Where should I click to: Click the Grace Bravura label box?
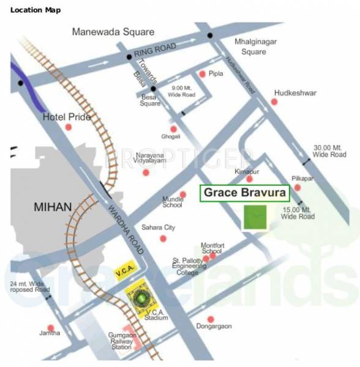[x=244, y=194]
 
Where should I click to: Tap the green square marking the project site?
[x=255, y=218]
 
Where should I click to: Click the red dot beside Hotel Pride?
[x=69, y=127]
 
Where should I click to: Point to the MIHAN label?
[x=53, y=207]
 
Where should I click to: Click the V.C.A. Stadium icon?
[x=141, y=298]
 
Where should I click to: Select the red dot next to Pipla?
[x=202, y=74]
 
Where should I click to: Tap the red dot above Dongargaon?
[x=210, y=319]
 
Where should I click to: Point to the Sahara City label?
[x=159, y=228]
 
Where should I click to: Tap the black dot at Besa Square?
[x=154, y=89]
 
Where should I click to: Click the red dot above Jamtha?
[x=51, y=328]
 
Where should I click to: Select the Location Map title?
[x=36, y=10]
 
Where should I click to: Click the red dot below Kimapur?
[x=249, y=179]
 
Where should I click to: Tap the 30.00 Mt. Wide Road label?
[x=329, y=151]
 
